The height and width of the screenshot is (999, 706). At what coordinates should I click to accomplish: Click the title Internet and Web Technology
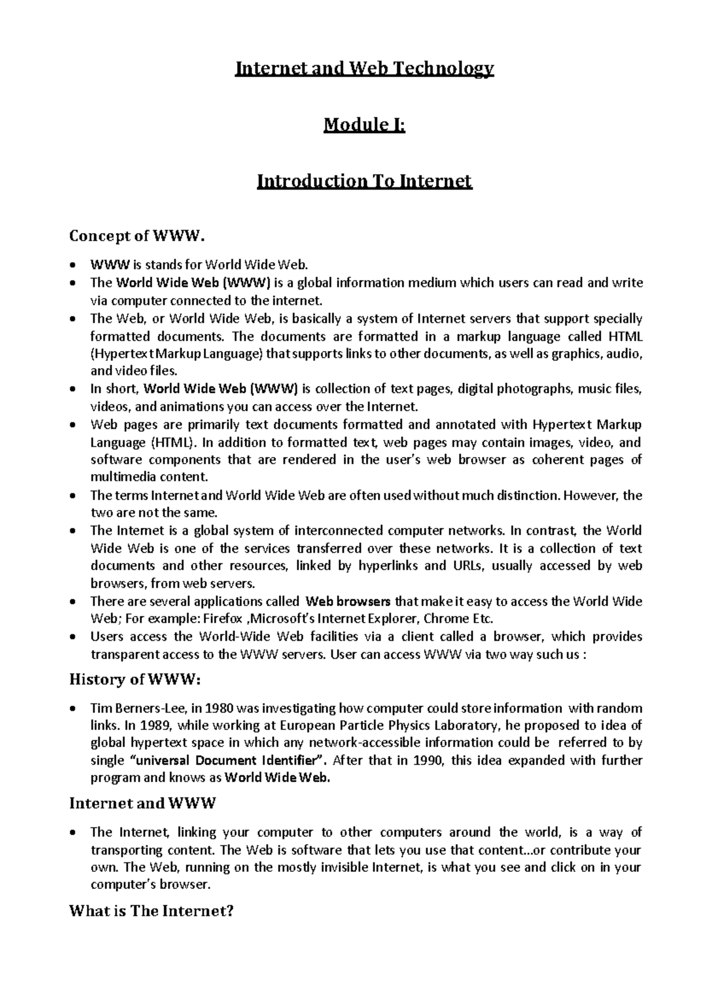(364, 70)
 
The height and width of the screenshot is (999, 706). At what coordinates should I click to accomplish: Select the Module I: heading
(364, 125)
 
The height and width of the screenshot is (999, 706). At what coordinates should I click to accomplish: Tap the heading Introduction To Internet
(364, 180)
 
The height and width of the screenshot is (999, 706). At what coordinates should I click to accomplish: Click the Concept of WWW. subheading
(138, 236)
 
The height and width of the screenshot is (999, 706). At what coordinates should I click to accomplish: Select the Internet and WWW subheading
(142, 803)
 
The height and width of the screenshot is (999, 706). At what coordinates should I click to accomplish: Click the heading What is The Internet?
(152, 911)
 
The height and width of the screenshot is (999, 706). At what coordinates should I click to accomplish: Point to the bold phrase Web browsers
(349, 601)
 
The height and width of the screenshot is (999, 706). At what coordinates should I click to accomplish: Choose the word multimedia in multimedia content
(121, 477)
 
